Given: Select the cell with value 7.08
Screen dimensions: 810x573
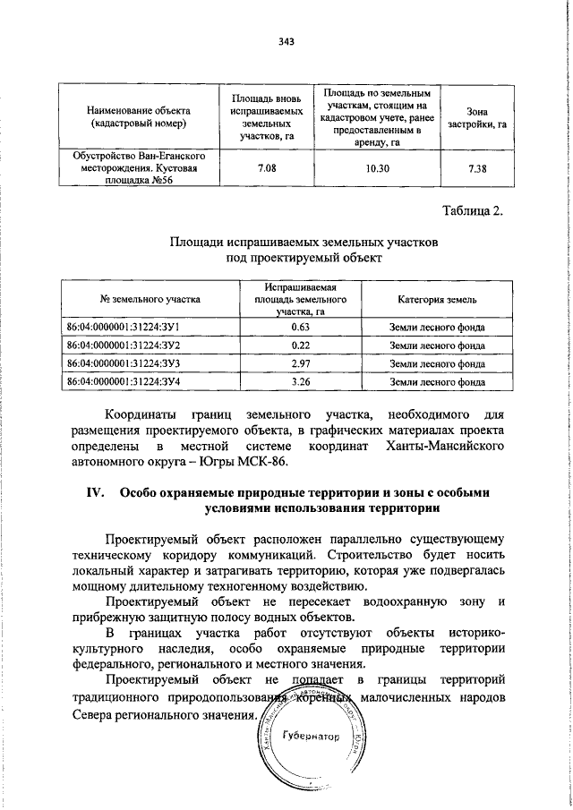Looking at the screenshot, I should click(x=266, y=167).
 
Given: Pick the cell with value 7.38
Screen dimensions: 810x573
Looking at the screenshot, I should click(x=477, y=167).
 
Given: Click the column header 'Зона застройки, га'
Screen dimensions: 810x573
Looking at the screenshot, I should click(x=477, y=115).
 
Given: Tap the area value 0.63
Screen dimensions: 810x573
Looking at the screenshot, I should click(x=300, y=328).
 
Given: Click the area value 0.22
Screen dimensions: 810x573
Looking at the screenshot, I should click(x=300, y=345).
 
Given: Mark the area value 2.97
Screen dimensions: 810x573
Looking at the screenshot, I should click(x=300, y=363).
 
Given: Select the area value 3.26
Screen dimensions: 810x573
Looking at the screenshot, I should click(x=300, y=381).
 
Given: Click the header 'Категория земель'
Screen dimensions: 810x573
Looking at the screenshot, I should click(x=438, y=299).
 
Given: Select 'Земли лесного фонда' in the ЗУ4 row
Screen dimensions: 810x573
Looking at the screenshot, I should click(x=438, y=381).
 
